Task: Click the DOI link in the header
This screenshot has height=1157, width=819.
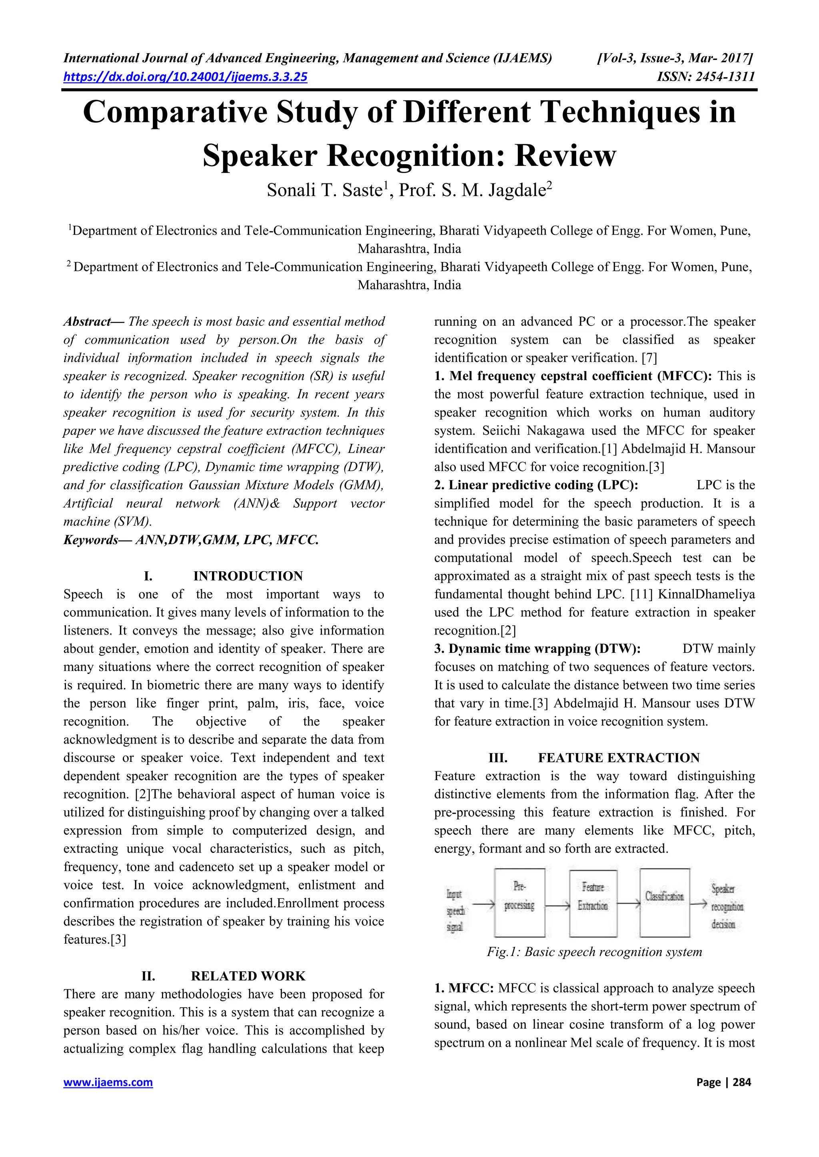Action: [x=185, y=77]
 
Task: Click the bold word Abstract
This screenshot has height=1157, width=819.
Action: [x=87, y=322]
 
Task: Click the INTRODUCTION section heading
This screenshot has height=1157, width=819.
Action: [x=248, y=576]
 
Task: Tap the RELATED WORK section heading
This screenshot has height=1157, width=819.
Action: [x=248, y=976]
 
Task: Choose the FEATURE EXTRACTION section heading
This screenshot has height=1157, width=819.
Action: [x=618, y=758]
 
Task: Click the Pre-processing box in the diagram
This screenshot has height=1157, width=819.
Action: [x=519, y=902]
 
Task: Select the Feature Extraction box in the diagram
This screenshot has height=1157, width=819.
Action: [x=593, y=902]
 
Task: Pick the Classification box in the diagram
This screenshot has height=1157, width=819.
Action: [x=664, y=902]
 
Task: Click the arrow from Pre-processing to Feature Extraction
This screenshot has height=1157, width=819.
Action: [x=557, y=906]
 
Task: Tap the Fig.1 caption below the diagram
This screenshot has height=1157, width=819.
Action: [x=594, y=952]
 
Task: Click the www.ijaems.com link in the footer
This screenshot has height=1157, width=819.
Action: [x=108, y=1082]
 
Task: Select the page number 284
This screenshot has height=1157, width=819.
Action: [x=741, y=1082]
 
